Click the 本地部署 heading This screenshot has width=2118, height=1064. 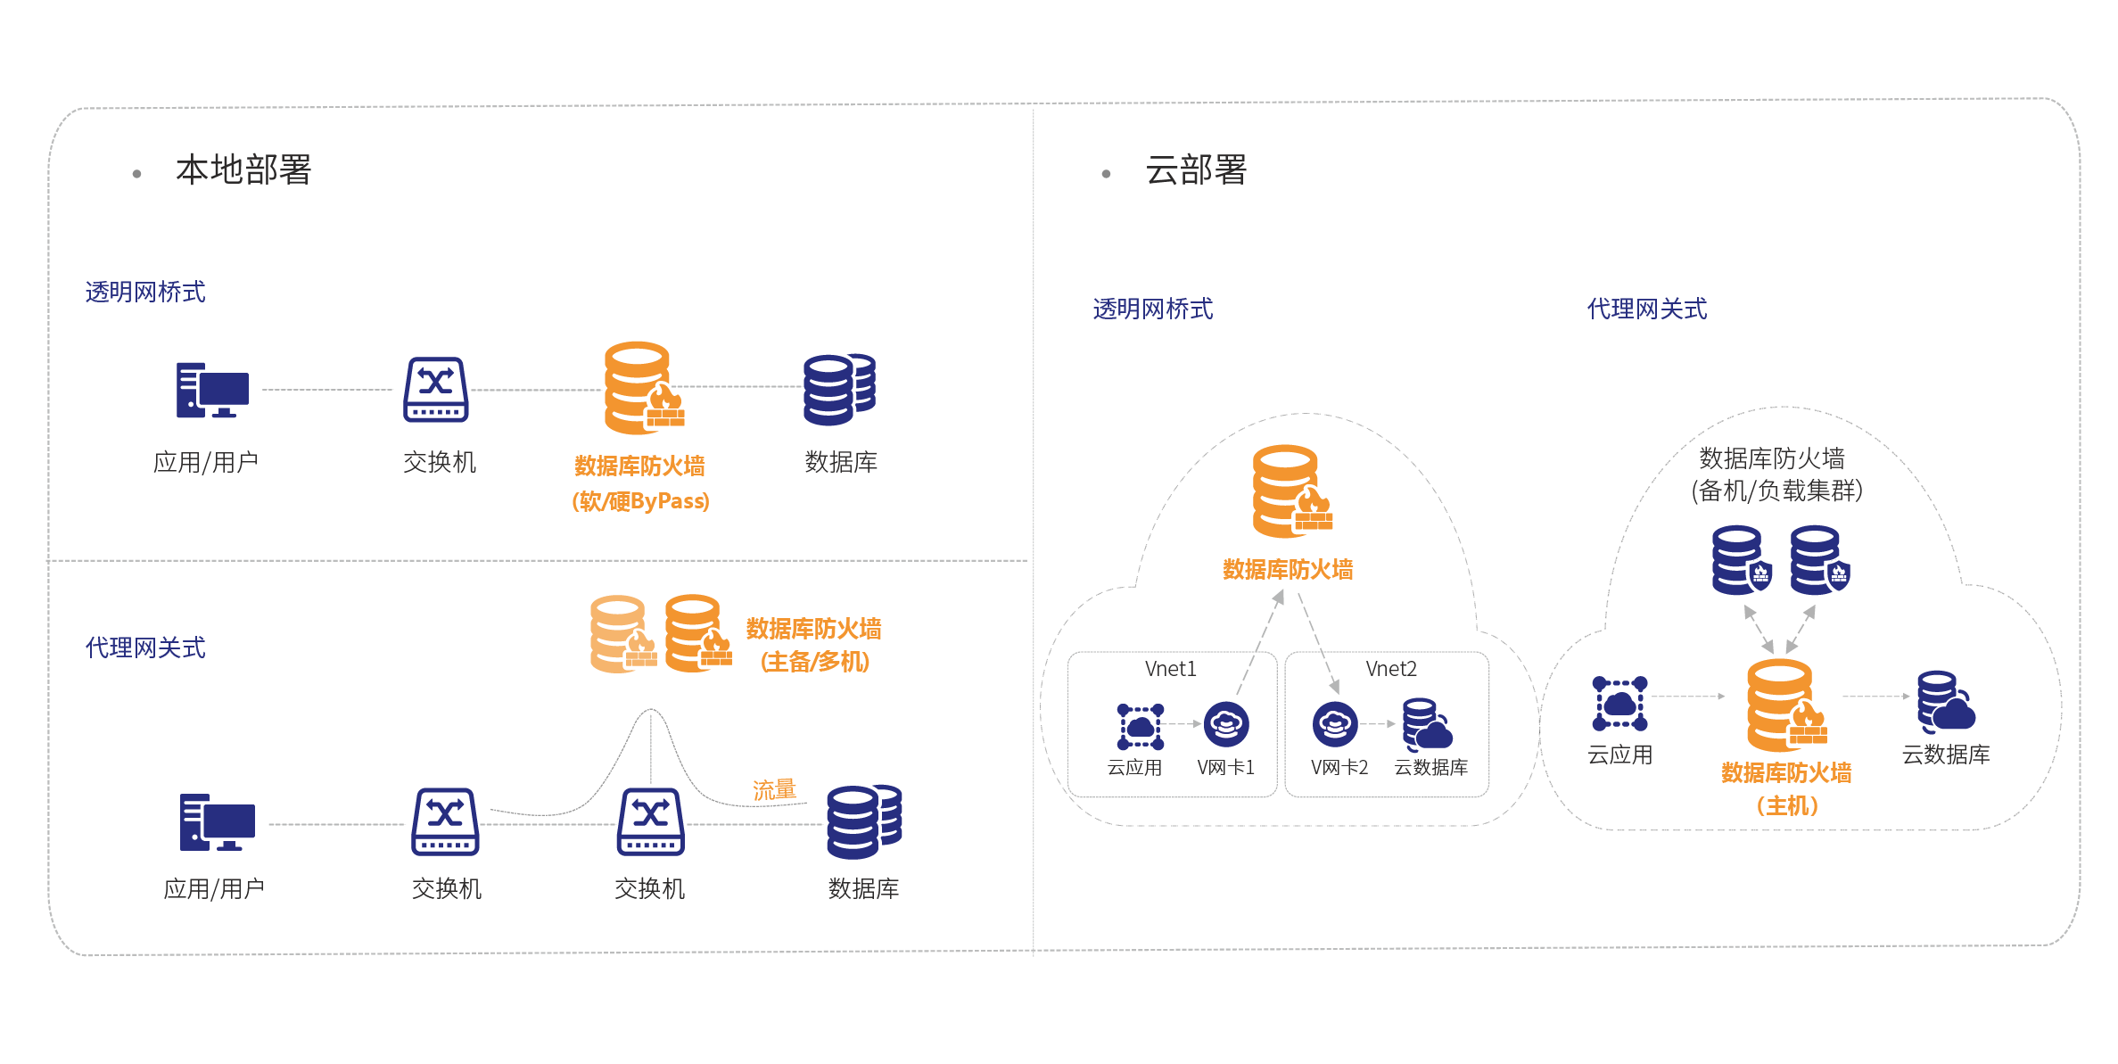pos(243,169)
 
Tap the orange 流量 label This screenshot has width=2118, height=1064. pos(773,789)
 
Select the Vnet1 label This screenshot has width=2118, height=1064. pos(1170,669)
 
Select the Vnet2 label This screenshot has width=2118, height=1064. pos(1390,669)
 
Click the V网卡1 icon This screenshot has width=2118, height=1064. pos(1226,724)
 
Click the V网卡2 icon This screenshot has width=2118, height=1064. pos(1334,724)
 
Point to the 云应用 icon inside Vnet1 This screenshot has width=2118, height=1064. pos(1140,726)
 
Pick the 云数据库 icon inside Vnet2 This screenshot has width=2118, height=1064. pos(1426,723)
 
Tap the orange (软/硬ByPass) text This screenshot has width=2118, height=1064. pos(640,501)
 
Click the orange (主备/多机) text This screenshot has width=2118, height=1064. pos(814,662)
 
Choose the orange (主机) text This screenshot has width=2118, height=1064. pos(1786,806)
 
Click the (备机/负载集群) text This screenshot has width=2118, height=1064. pos(1776,491)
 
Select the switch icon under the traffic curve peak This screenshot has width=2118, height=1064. pos(650,821)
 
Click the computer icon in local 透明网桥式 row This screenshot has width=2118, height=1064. pos(212,390)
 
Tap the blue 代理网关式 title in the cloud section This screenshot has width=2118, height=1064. pos(1646,309)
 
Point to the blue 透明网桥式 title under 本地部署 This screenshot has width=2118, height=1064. pos(144,292)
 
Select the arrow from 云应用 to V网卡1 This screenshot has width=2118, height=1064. pos(1184,724)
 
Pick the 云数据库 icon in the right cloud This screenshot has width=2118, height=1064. pos(1945,701)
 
